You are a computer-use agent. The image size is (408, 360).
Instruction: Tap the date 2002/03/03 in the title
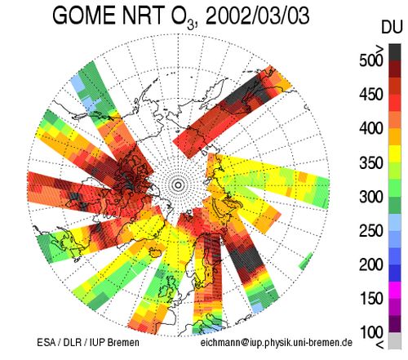click(257, 16)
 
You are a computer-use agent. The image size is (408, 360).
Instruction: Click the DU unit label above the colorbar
click(392, 27)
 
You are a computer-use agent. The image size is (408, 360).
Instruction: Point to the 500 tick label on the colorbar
click(371, 60)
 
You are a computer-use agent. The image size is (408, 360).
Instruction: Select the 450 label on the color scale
click(371, 94)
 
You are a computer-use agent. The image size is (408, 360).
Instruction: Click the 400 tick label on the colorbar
click(371, 128)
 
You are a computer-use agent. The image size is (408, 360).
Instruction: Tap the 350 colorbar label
click(371, 162)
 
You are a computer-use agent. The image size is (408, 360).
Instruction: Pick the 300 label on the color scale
click(371, 197)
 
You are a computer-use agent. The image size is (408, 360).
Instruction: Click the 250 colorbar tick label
click(371, 231)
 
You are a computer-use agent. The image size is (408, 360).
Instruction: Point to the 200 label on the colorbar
click(371, 264)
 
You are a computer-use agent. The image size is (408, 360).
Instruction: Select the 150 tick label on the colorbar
click(371, 298)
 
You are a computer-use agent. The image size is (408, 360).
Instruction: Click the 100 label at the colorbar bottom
click(371, 332)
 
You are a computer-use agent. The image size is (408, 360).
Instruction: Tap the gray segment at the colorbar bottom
click(395, 340)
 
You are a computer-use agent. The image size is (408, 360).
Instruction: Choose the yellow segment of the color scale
click(395, 153)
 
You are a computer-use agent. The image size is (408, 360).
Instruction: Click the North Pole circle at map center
click(178, 185)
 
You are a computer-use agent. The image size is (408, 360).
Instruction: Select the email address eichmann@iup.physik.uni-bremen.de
click(277, 342)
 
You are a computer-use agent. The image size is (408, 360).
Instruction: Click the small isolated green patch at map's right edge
click(306, 261)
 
